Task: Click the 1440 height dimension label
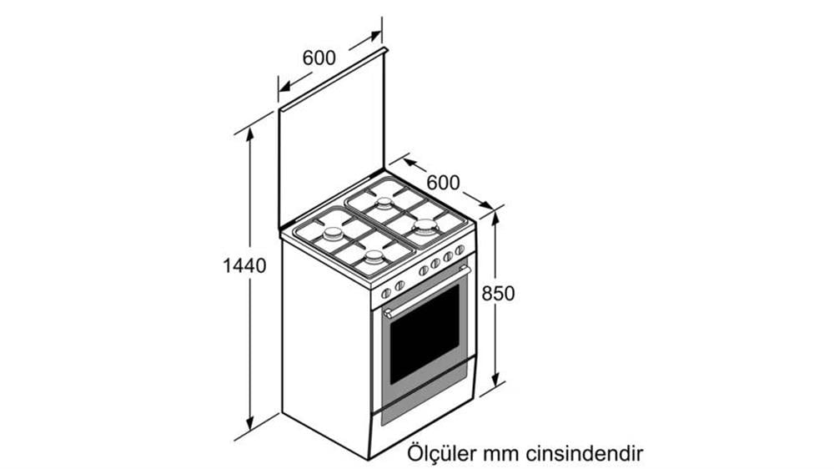coord(244,265)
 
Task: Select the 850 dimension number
coord(499,293)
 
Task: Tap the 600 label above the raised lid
coord(319,58)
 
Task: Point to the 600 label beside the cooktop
coord(443,183)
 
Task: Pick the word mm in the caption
coord(501,455)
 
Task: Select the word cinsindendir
coord(585,454)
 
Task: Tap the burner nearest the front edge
coord(374,258)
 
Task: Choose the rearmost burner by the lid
coord(384,203)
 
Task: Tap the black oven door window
coord(425,334)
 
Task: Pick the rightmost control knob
coord(460,250)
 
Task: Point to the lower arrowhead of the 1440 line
coord(250,423)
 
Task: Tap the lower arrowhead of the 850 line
coord(495,379)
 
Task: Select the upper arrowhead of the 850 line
coord(495,218)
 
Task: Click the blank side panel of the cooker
coord(325,346)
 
